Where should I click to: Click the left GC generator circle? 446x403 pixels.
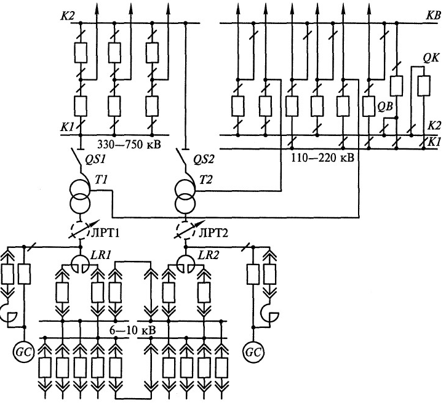[23, 353]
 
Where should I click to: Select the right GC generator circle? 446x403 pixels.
[252, 353]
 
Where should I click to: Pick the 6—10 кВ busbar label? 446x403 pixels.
[133, 330]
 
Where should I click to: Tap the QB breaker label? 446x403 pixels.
[386, 105]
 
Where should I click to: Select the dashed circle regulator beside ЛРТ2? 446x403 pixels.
[185, 228]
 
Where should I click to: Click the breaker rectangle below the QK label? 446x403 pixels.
[423, 86]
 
